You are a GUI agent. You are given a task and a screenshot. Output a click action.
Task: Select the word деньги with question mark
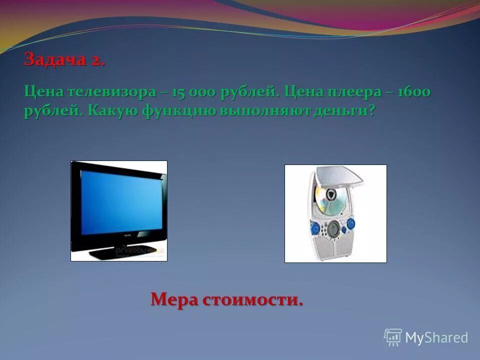click(348, 111)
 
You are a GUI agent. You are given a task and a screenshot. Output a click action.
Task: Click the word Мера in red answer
click(175, 300)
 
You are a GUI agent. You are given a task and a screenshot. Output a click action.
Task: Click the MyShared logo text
click(436, 337)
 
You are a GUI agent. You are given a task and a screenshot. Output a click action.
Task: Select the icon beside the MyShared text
click(393, 337)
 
